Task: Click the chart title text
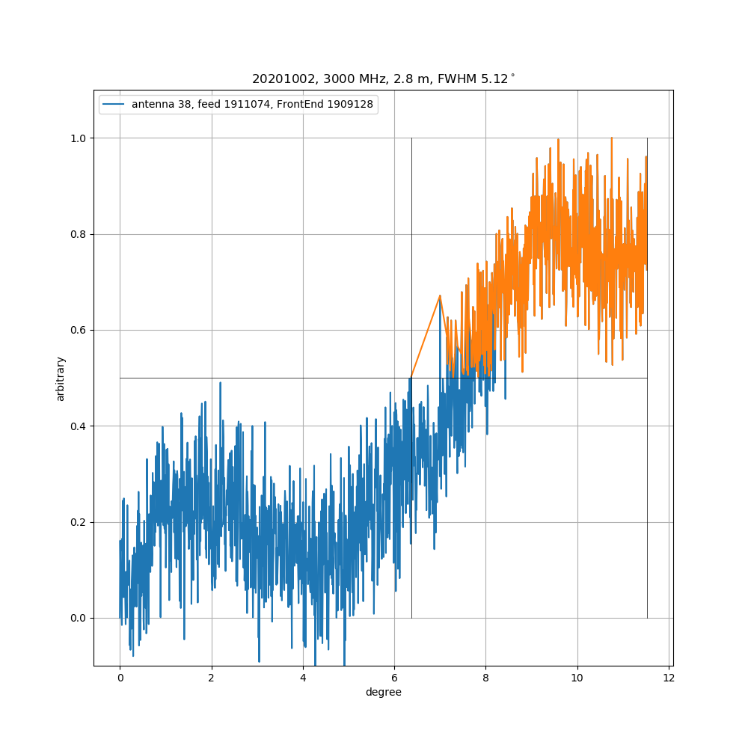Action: (x=383, y=79)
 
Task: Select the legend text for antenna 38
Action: (x=254, y=105)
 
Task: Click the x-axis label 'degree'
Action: (x=383, y=692)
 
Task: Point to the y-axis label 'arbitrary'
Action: (x=61, y=378)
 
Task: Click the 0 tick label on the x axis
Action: (x=120, y=678)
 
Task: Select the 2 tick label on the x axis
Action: (x=212, y=678)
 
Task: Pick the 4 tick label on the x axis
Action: (x=303, y=678)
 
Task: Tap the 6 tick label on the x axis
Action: (x=394, y=678)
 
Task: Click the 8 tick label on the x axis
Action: (x=485, y=678)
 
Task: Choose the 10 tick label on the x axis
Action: (x=577, y=678)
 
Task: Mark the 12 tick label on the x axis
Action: (x=669, y=678)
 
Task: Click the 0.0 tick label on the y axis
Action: (x=77, y=618)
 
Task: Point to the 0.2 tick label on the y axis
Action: (x=77, y=522)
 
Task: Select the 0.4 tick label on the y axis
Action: (x=77, y=426)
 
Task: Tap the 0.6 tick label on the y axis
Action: (x=77, y=330)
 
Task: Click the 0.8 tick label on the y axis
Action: (x=77, y=234)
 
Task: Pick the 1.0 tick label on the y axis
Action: (x=77, y=138)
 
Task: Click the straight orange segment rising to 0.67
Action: (x=426, y=337)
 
